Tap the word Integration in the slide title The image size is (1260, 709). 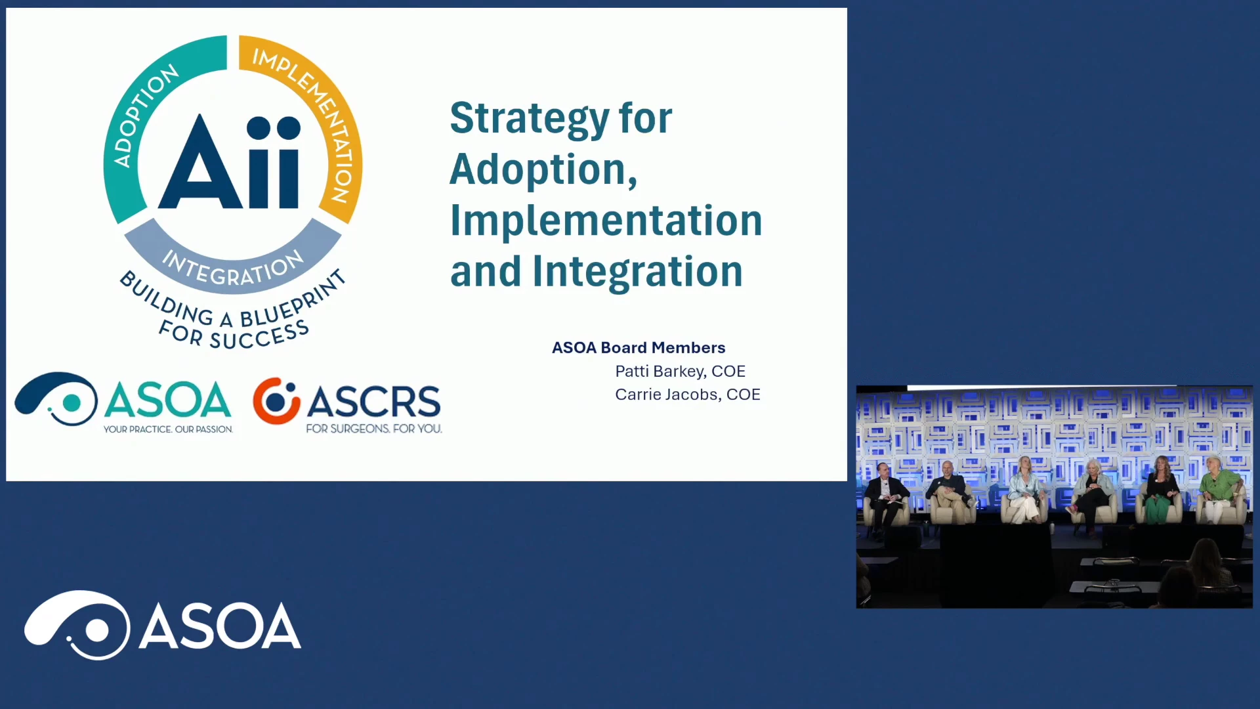637,272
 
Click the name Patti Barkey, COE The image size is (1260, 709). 680,372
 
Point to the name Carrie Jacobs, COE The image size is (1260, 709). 687,395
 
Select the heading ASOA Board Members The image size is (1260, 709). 639,347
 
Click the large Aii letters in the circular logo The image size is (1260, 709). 230,162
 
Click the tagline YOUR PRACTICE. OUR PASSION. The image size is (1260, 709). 168,429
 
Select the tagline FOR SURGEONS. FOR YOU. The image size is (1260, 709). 374,429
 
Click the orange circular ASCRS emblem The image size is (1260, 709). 276,400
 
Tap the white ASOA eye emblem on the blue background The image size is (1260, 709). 77,625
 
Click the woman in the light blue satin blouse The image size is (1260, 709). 1024,490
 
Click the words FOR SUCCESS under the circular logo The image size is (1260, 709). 234,335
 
